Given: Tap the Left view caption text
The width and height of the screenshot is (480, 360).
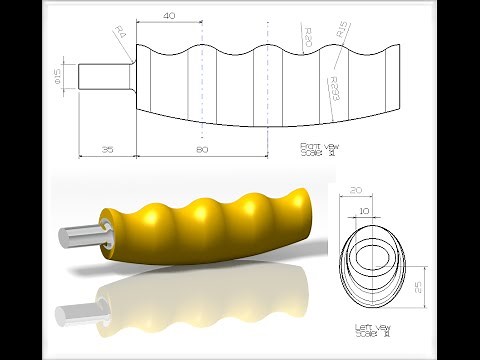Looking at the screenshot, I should coord(373,330).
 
